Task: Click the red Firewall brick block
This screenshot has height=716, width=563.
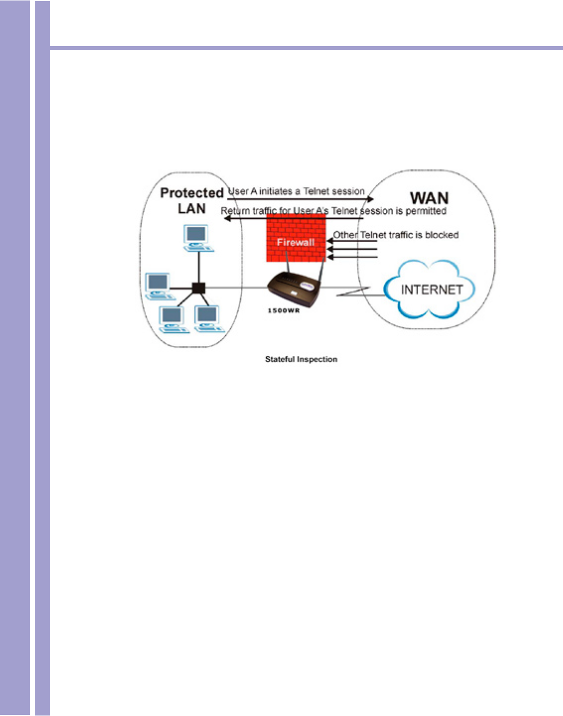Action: click(x=295, y=238)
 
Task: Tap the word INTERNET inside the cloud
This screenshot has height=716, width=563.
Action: click(x=431, y=290)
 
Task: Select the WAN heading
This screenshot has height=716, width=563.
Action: click(x=429, y=198)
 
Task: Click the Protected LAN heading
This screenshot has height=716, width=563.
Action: click(x=192, y=200)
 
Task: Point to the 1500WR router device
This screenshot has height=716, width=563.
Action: click(x=293, y=289)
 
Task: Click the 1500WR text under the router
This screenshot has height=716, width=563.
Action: click(x=283, y=311)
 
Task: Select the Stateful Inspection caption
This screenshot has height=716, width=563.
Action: click(x=301, y=359)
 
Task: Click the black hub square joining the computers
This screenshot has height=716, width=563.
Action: click(x=199, y=288)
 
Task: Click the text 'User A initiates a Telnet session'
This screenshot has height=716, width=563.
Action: click(x=296, y=191)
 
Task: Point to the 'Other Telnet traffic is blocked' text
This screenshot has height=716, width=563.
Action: click(x=396, y=235)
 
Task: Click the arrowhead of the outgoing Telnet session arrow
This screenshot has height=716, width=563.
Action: click(x=370, y=199)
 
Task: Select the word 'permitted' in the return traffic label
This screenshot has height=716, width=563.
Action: click(x=425, y=211)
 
